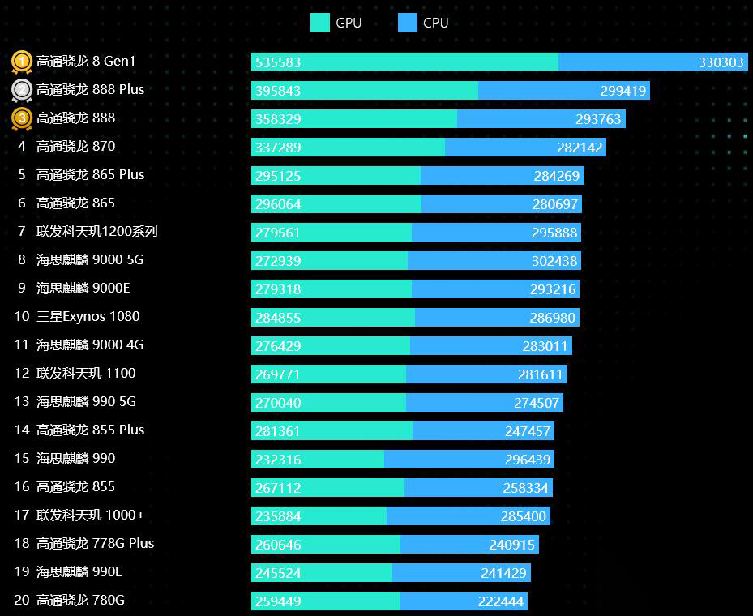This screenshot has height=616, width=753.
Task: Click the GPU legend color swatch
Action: (320, 23)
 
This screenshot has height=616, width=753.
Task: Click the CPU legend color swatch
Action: (408, 23)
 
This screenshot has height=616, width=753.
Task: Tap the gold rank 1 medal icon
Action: (22, 62)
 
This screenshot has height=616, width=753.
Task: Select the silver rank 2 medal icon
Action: (22, 90)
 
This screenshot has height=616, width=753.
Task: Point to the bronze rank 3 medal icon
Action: (22, 118)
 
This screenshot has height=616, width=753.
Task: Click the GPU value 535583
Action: (278, 62)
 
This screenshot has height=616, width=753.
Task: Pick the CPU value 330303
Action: (721, 62)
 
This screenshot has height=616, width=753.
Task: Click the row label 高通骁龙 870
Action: (75, 147)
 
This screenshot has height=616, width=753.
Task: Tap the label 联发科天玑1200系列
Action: (97, 232)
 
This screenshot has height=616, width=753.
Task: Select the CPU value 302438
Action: (554, 261)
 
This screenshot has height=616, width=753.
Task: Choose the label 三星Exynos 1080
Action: (88, 317)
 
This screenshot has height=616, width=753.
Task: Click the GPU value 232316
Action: (278, 460)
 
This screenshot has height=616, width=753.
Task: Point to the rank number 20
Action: (22, 601)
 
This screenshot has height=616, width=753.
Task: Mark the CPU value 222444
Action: (501, 601)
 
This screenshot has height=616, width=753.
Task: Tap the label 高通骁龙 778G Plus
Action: (95, 544)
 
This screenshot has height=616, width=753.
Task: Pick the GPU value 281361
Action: (278, 431)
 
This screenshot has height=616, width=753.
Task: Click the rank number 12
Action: (22, 374)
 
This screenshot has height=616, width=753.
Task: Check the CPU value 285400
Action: (524, 516)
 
